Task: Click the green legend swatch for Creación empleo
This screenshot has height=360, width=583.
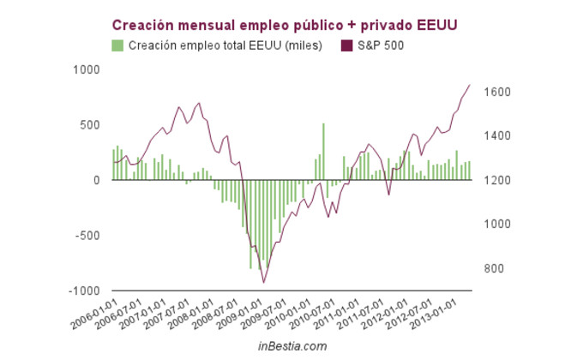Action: point(118,45)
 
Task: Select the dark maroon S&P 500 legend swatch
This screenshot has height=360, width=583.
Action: point(348,45)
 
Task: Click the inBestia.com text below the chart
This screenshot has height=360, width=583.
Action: point(292,346)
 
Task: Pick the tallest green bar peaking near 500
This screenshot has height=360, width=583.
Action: point(323,151)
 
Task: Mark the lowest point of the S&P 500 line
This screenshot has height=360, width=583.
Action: point(264,282)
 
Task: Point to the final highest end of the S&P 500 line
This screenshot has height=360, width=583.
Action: point(470,85)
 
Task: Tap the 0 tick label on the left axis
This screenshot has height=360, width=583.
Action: point(96,180)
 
